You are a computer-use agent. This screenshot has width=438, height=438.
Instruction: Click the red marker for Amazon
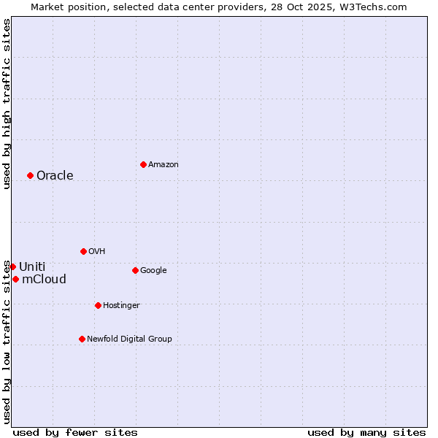point(143,164)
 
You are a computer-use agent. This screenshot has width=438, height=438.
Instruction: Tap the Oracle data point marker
point(30,175)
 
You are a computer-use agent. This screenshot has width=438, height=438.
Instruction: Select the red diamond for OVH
point(83,251)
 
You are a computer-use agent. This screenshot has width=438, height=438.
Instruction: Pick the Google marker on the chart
point(135,270)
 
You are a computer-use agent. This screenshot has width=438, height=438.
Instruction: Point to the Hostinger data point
point(98,305)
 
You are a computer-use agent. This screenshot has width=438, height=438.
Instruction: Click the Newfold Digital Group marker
point(82,339)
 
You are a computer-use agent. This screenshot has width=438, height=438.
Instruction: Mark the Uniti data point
point(12,266)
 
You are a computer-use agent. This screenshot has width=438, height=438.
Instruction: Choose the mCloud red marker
point(15,279)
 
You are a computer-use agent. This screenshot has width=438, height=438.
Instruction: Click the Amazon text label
point(163,165)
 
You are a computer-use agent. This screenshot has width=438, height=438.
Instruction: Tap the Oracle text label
point(55,176)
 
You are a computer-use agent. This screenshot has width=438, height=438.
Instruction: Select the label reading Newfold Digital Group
point(129,339)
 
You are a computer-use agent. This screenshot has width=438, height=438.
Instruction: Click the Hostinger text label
point(121,305)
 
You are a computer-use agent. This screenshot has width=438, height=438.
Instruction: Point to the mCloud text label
point(44,280)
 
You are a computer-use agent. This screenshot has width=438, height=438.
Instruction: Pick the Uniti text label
point(32,267)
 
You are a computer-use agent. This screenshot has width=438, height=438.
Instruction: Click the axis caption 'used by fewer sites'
point(75,432)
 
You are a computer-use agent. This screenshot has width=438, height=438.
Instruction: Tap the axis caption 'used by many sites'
point(366,432)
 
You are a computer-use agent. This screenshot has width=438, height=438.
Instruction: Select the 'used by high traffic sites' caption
point(7,104)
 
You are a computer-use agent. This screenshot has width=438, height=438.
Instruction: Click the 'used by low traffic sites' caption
point(7,341)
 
